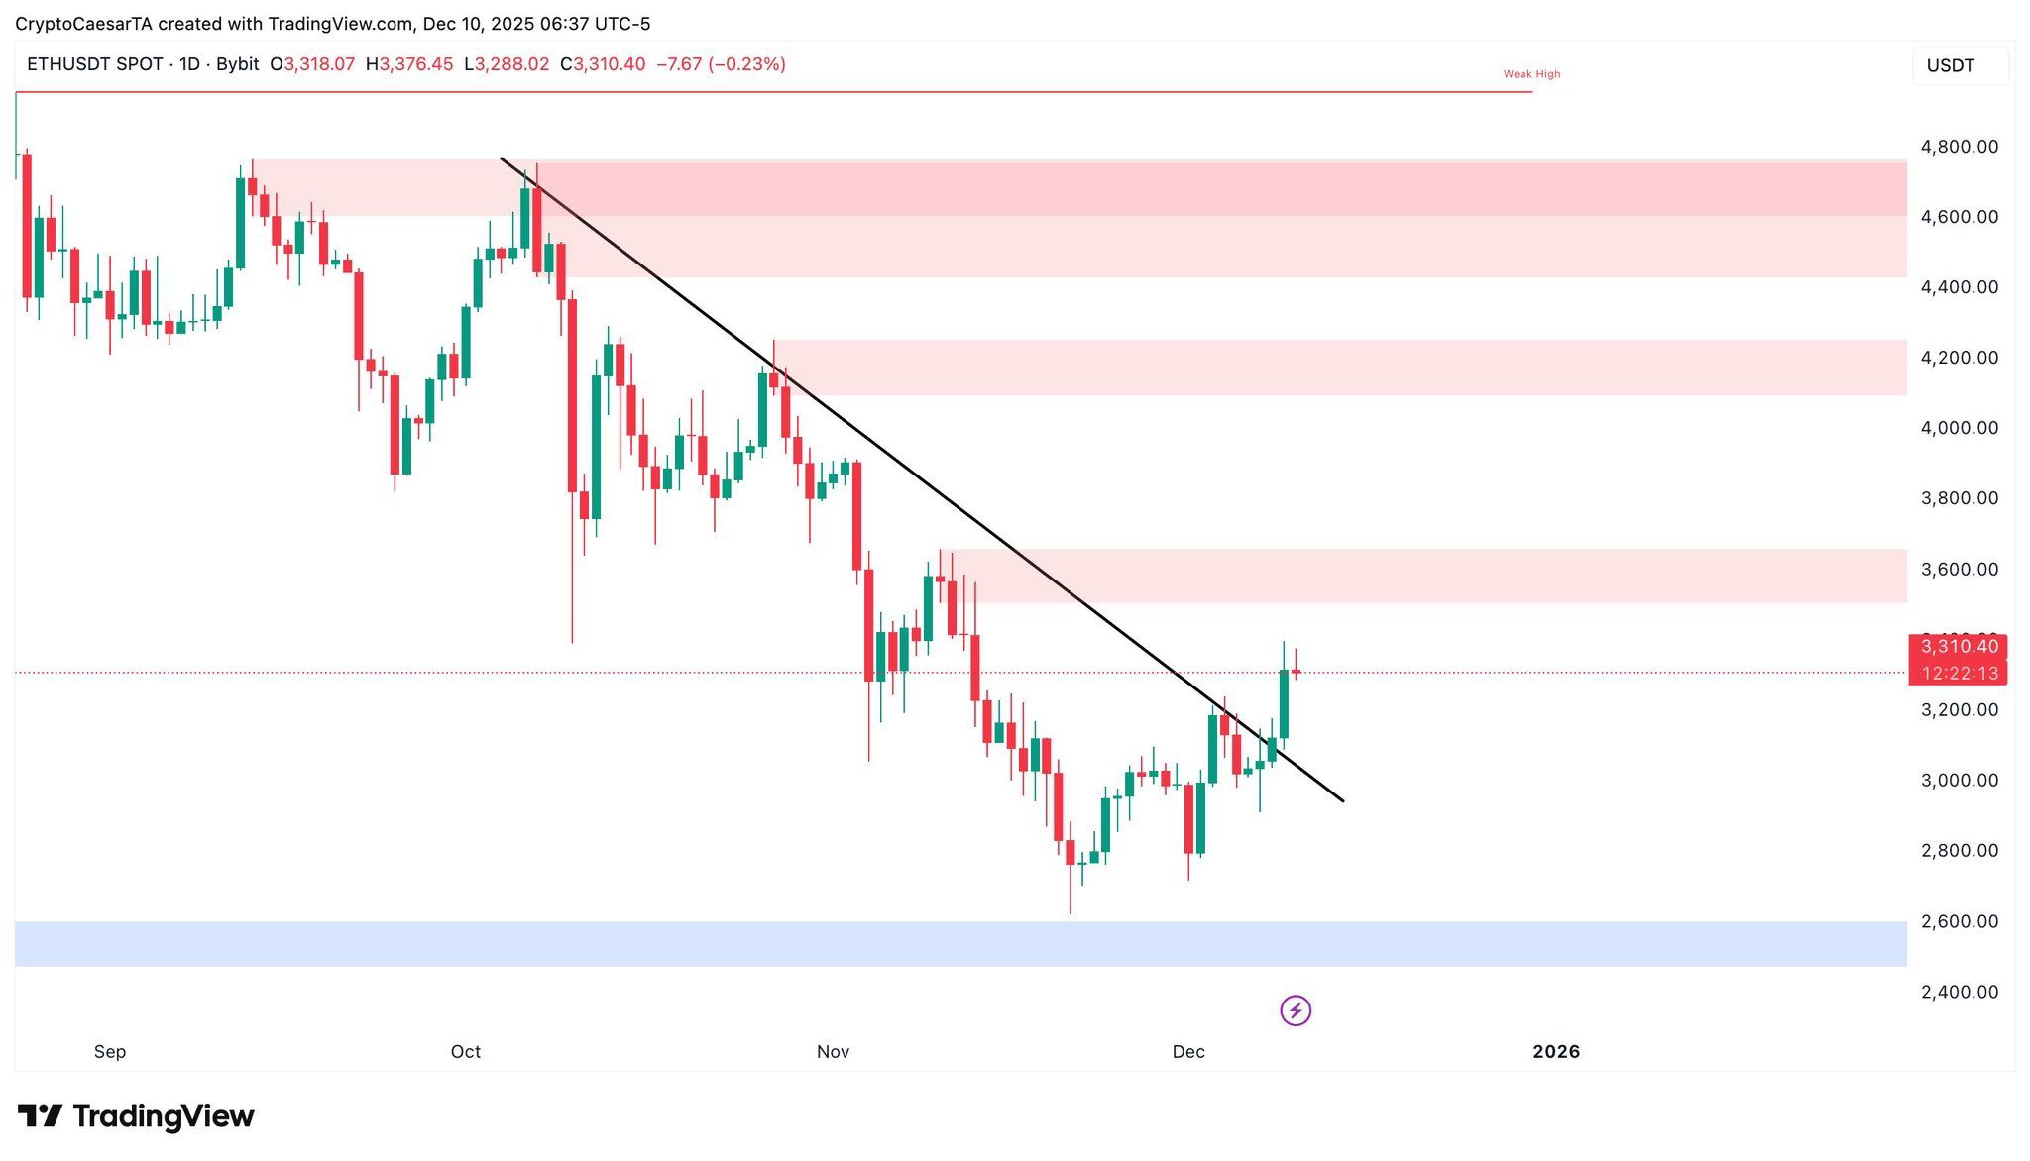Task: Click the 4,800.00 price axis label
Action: (1959, 147)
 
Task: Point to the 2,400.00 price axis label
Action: (1959, 992)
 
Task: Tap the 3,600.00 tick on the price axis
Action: (1959, 570)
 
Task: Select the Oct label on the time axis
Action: (466, 1052)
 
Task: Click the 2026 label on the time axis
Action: (1556, 1052)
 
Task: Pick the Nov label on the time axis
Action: (833, 1052)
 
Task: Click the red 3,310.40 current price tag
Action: (1959, 647)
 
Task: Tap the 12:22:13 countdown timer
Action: (1959, 674)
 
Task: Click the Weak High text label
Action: (1531, 74)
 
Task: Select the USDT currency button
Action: (1951, 65)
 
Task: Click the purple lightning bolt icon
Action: (1296, 1010)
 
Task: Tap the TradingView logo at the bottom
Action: (136, 1116)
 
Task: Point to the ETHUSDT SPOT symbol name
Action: (95, 64)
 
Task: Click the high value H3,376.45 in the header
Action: (409, 64)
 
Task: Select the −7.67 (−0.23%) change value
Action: (722, 64)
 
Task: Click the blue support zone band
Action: (959, 944)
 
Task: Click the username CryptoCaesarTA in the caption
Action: (83, 24)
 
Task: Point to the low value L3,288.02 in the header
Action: (507, 64)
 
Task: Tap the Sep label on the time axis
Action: (110, 1052)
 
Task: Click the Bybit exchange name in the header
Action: (237, 64)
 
